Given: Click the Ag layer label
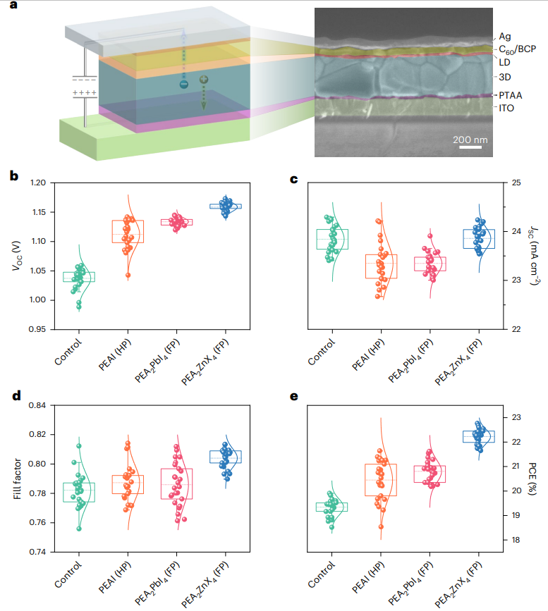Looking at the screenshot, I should pos(505,36).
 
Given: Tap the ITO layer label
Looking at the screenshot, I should pos(506,108).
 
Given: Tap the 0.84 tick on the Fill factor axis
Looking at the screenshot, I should pos(40,405).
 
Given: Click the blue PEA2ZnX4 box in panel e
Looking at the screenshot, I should pos(478,436).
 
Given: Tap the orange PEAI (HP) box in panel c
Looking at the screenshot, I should pos(380,266).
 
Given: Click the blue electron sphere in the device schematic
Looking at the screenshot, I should pos(183,85).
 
